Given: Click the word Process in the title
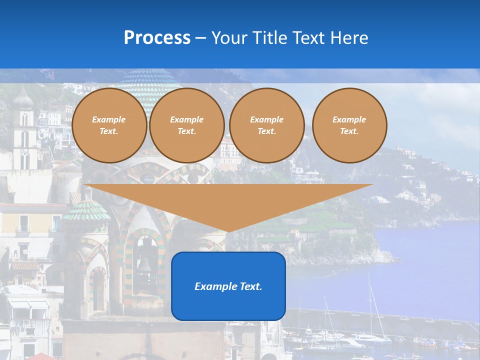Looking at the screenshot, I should pyautogui.click(x=157, y=38).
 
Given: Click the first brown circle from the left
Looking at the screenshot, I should pyautogui.click(x=109, y=125).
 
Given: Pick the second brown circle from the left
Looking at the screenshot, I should pyautogui.click(x=187, y=125).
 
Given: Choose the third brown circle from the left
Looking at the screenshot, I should pyautogui.click(x=267, y=125).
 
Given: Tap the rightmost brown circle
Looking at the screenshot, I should pyautogui.click(x=349, y=125).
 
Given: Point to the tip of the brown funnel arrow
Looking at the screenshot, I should pyautogui.click(x=228, y=231).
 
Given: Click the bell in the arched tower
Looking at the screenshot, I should pyautogui.click(x=144, y=263).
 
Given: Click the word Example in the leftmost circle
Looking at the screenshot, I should pyautogui.click(x=109, y=119).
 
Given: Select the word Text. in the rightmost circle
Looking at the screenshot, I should pyautogui.click(x=349, y=131).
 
